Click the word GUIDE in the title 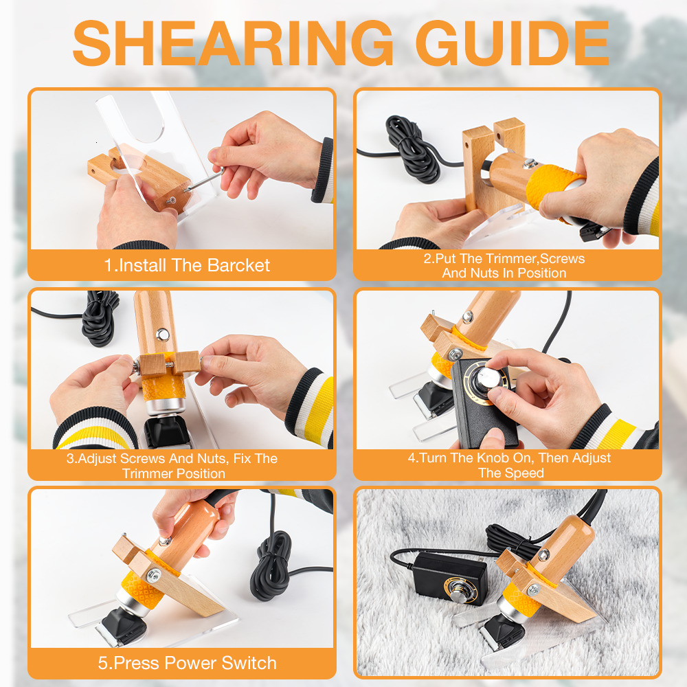(513, 43)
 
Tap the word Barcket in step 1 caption (238, 265)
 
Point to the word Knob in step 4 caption (493, 458)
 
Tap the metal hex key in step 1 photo (204, 179)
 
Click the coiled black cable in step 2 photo (411, 148)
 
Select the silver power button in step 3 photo (163, 335)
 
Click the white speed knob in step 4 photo (488, 378)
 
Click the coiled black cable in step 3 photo (100, 317)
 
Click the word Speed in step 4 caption (524, 473)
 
